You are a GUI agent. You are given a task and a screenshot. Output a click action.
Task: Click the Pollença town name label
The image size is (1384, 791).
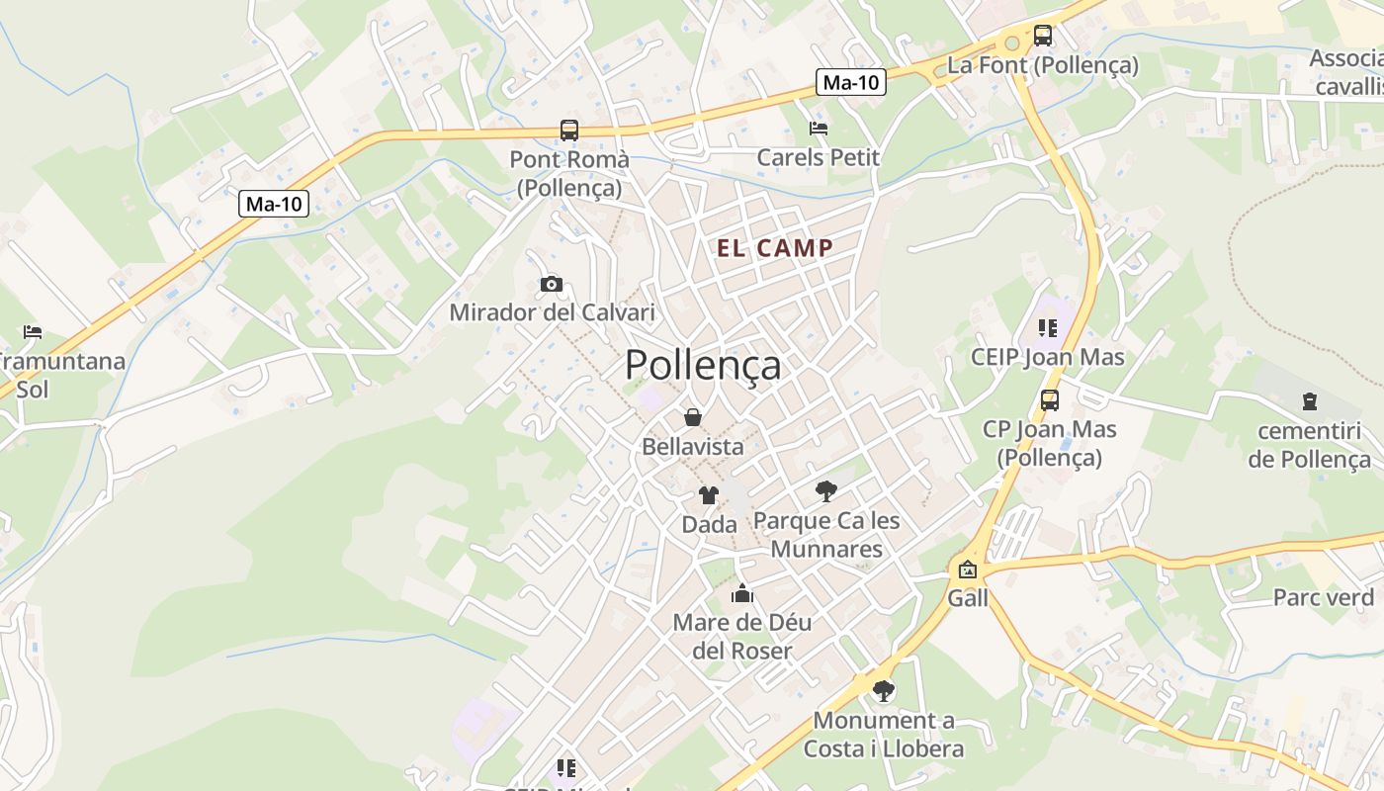pyautogui.click(x=703, y=365)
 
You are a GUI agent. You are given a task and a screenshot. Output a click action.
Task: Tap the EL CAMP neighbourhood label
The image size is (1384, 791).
pyautogui.click(x=775, y=248)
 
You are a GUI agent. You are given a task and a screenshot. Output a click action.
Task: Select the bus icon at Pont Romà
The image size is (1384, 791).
pyautogui.click(x=568, y=130)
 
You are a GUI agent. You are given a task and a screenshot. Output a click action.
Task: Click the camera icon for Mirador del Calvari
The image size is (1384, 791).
pyautogui.click(x=552, y=285)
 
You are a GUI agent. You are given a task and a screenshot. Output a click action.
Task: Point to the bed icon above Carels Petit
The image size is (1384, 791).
pyautogui.click(x=819, y=128)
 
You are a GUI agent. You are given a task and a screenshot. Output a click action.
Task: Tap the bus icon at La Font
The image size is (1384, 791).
pyautogui.click(x=1043, y=36)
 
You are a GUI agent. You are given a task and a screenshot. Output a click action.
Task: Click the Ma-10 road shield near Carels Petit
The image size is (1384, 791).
pyautogui.click(x=851, y=83)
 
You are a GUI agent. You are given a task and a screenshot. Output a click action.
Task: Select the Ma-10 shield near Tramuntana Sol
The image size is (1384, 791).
pyautogui.click(x=274, y=205)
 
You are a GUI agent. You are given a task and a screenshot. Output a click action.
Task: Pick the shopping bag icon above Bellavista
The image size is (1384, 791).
pyautogui.click(x=693, y=417)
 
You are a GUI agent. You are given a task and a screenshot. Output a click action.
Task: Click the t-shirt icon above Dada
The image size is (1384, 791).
pyautogui.click(x=709, y=495)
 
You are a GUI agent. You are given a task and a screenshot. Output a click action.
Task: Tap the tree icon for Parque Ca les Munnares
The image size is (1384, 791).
pyautogui.click(x=825, y=490)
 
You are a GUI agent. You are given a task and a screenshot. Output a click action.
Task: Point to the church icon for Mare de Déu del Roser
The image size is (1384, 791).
pyautogui.click(x=742, y=593)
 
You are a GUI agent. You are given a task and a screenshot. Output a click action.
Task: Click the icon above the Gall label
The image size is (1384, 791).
pyautogui.click(x=967, y=570)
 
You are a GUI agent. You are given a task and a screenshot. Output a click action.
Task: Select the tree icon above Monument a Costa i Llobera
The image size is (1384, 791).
pyautogui.click(x=884, y=690)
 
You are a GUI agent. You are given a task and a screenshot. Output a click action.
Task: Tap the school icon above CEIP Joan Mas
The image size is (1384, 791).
pyautogui.click(x=1048, y=327)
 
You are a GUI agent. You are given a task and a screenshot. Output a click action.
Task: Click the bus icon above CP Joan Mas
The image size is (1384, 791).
pyautogui.click(x=1050, y=400)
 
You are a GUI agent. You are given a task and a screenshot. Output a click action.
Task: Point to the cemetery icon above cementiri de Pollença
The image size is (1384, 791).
pyautogui.click(x=1310, y=401)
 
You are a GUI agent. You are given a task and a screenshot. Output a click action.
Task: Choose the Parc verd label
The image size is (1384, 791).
pyautogui.click(x=1324, y=597)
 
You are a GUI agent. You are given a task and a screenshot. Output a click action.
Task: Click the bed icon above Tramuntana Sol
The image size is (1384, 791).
pyautogui.click(x=33, y=332)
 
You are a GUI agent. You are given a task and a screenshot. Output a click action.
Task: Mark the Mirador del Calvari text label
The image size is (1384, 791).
pyautogui.click(x=552, y=312)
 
